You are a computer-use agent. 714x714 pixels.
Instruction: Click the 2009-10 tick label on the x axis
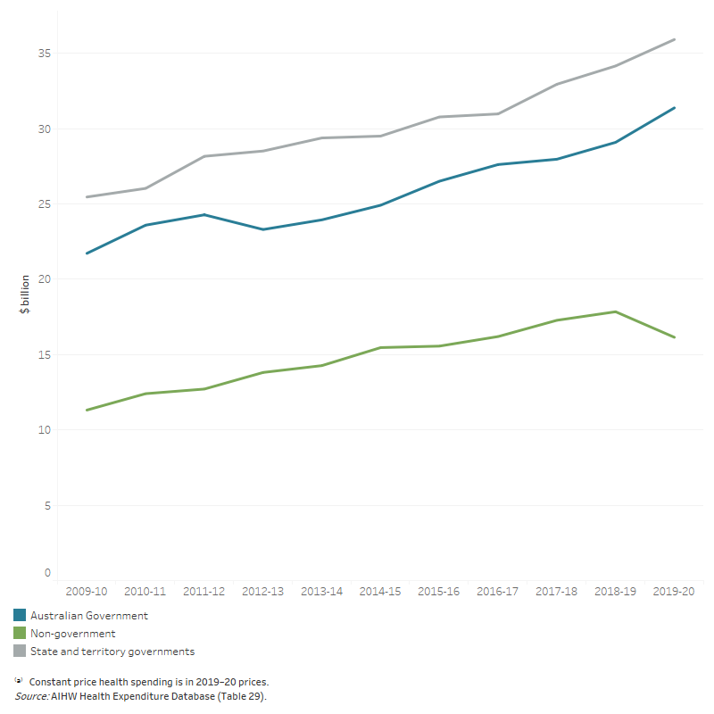coord(87,591)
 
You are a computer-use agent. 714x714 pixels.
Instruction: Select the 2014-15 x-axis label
coord(381,591)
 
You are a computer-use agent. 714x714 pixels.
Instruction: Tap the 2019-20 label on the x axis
coord(675,591)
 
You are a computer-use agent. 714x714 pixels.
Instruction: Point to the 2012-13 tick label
coord(263,591)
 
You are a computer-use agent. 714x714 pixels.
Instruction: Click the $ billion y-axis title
coord(25,295)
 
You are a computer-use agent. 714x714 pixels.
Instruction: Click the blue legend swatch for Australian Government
coord(20,616)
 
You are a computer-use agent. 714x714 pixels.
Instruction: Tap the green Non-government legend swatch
coord(20,634)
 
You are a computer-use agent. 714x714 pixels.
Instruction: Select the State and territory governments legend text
coord(112,652)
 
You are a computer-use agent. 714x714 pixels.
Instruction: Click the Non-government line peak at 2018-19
coord(616,311)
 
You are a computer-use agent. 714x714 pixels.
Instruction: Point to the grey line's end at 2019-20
coord(675,39)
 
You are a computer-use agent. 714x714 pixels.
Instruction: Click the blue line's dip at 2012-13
coord(263,229)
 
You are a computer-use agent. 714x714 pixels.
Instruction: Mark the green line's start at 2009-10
coord(87,411)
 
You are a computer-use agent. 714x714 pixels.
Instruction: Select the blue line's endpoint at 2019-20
coord(675,108)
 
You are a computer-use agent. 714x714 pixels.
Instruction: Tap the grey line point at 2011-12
coord(204,156)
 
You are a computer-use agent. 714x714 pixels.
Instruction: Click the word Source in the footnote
coord(29,695)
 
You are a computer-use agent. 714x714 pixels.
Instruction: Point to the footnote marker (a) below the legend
coord(19,680)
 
